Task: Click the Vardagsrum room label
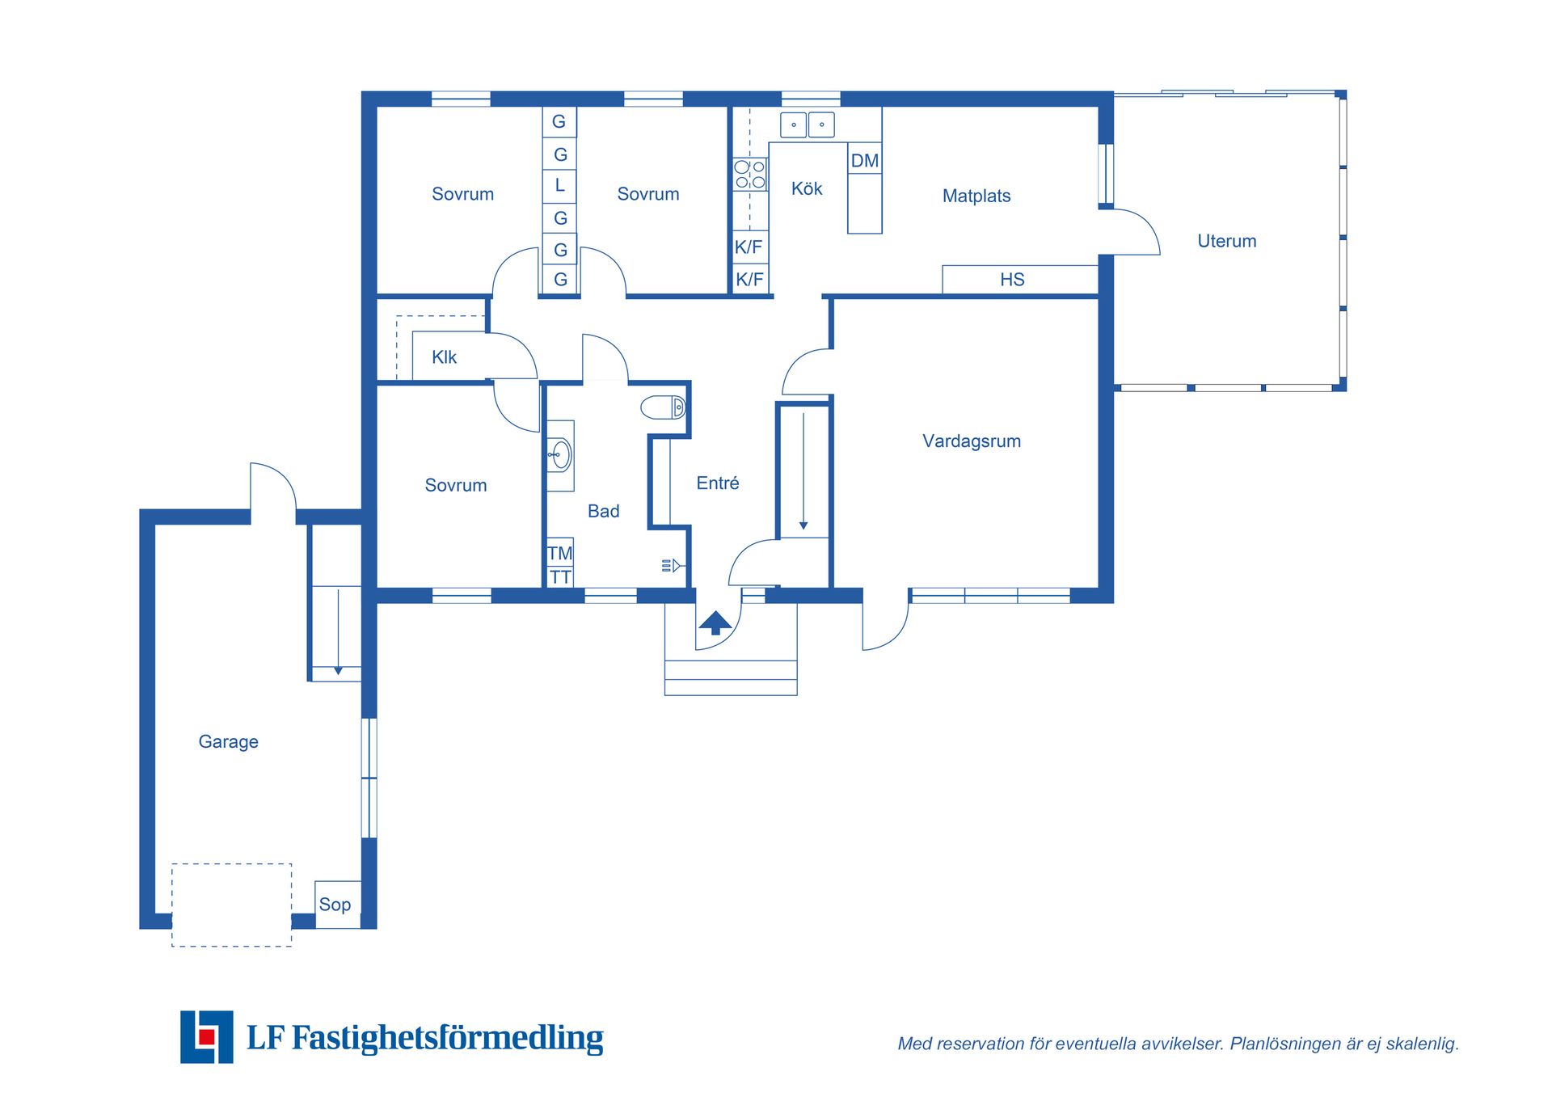coord(972,441)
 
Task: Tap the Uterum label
coord(1226,241)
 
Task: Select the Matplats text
coord(976,196)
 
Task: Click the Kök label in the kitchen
coord(807,188)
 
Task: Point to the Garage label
coord(229,742)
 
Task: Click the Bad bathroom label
coord(603,511)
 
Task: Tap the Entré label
coord(718,483)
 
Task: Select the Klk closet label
coord(444,357)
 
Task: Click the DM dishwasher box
coord(865,160)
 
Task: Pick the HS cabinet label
coord(1012,280)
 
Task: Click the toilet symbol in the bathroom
coord(663,407)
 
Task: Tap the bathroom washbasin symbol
coord(560,455)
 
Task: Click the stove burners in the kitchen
coord(749,175)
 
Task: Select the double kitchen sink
coord(808,124)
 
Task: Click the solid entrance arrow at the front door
coord(715,622)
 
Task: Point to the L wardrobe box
coord(559,185)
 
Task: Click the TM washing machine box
coord(560,552)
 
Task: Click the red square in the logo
coord(207,1037)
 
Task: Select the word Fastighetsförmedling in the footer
coord(448,1037)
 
